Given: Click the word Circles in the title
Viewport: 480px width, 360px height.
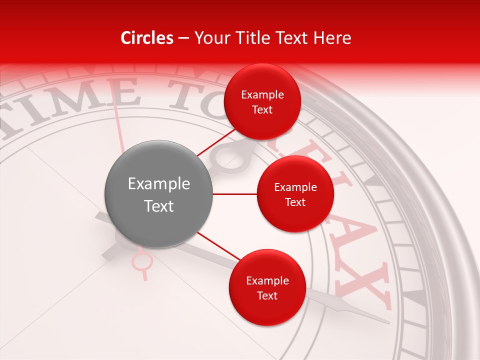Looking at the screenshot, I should (x=147, y=38).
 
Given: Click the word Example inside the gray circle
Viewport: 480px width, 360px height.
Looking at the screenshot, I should (x=159, y=184).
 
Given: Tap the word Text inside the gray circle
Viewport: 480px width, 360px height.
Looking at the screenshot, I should (x=159, y=206).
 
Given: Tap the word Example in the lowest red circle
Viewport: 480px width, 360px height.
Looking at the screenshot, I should (x=267, y=280).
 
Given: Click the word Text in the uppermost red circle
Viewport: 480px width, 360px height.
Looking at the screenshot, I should (x=262, y=109).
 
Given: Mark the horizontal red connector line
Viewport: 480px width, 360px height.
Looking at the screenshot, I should (x=234, y=194).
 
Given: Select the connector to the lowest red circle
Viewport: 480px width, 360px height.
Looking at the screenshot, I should (x=218, y=246).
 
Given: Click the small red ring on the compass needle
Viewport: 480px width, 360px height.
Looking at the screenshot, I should (x=142, y=260).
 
